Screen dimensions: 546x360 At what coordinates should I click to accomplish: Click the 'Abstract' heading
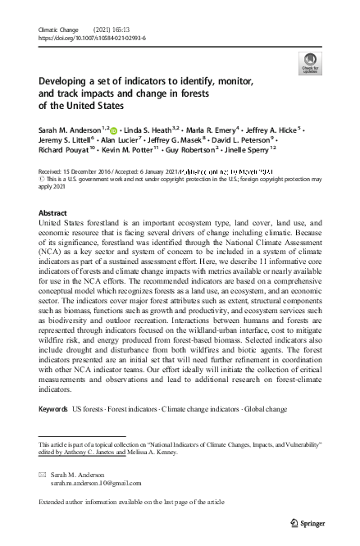53,212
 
